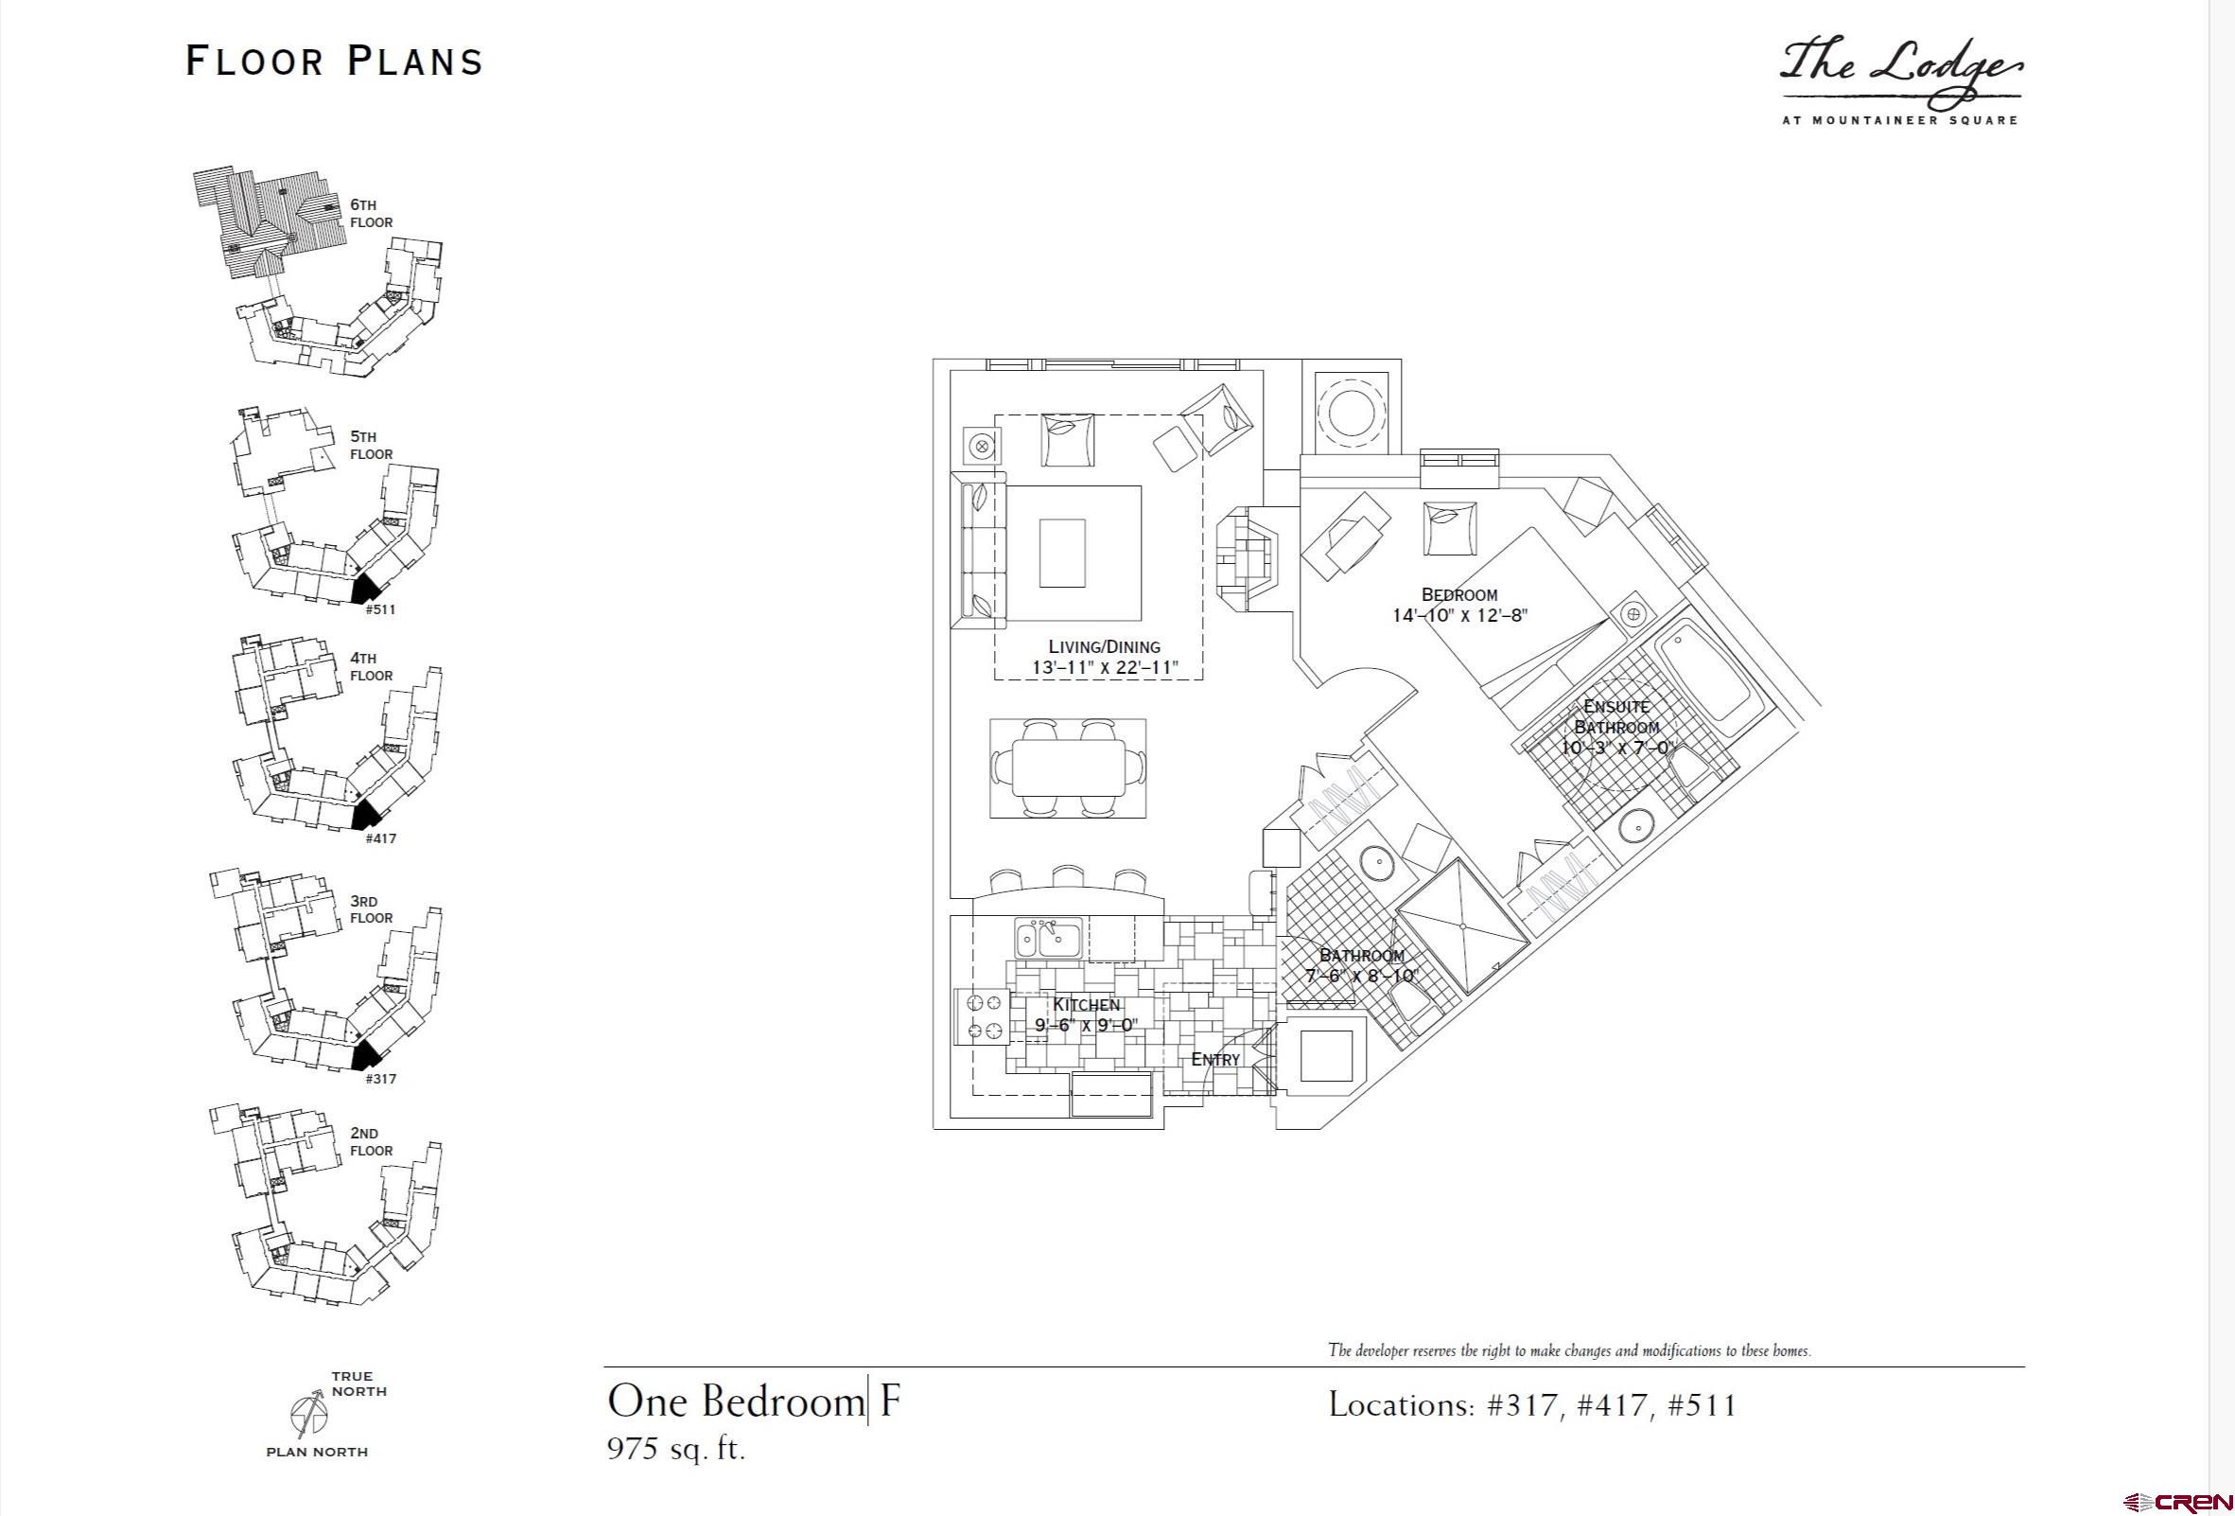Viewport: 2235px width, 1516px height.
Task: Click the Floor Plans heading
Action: (334, 62)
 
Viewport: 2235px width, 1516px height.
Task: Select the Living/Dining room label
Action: (1104, 646)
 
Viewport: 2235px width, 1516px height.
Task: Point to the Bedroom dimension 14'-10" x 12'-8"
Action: (1458, 616)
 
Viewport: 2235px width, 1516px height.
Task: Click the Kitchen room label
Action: (1086, 1004)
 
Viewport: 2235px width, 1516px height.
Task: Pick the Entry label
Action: (1215, 1059)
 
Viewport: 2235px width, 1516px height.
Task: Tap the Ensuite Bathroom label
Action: (1616, 716)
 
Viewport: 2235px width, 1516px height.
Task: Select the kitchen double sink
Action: (1049, 939)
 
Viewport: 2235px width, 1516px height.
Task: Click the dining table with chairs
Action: (1069, 768)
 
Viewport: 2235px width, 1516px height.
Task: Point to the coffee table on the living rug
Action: (1062, 553)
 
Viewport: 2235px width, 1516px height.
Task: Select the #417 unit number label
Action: (381, 837)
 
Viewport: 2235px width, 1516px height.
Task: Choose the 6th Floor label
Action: (371, 214)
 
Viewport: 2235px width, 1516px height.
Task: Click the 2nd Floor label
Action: (371, 1142)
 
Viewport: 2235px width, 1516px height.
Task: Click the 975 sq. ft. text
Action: (676, 1449)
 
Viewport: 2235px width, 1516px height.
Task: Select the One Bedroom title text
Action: (736, 1401)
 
